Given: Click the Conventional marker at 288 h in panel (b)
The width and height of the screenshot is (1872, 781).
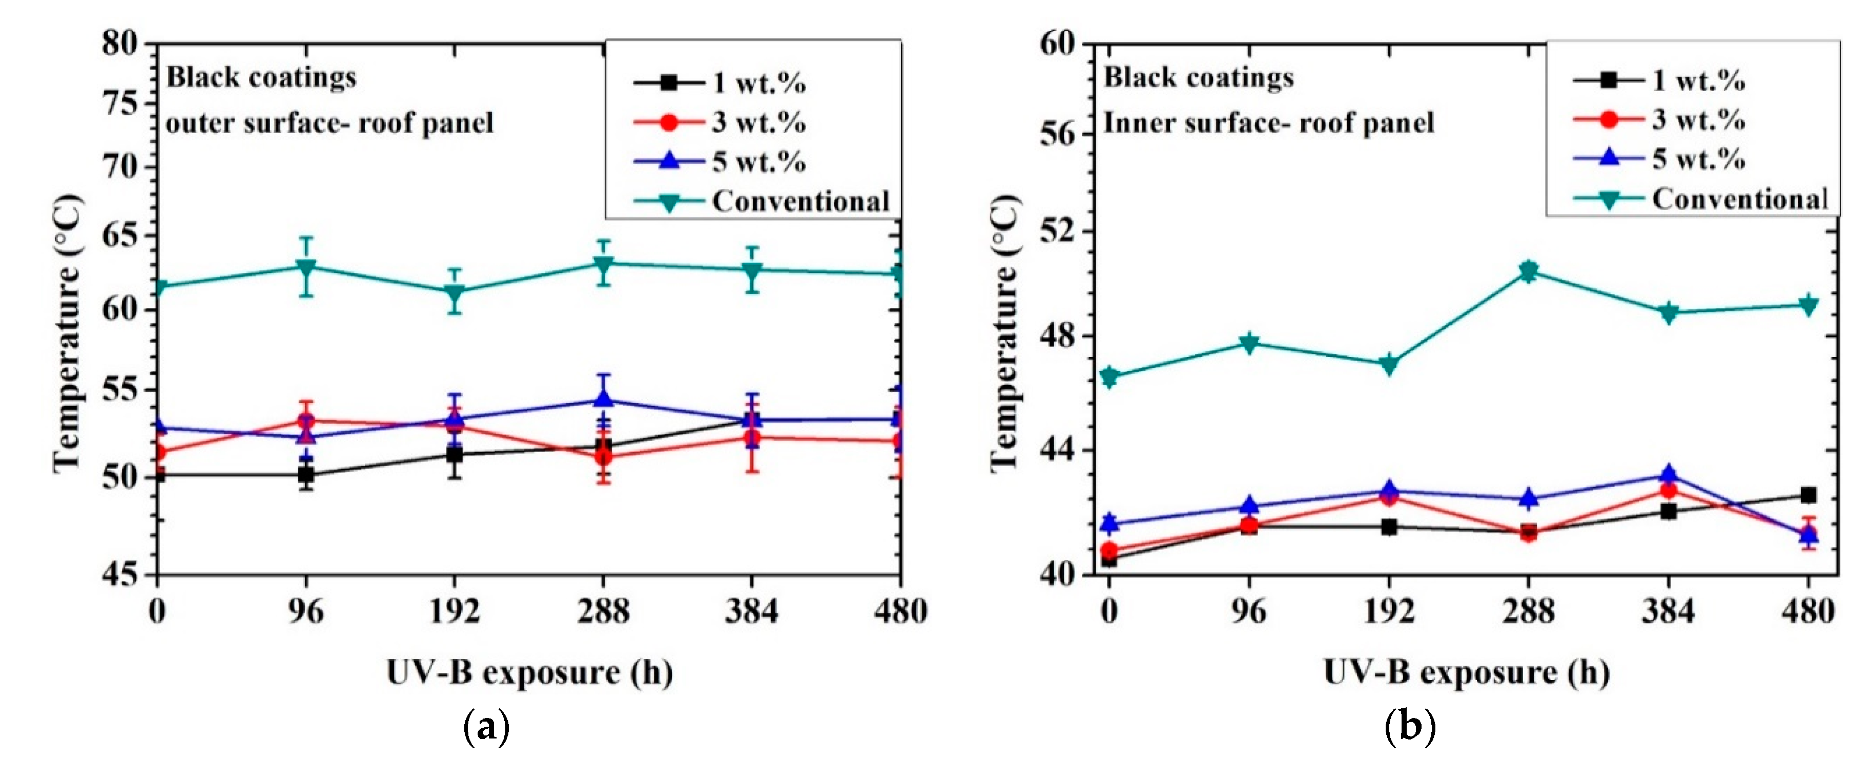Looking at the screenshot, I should point(1528,272).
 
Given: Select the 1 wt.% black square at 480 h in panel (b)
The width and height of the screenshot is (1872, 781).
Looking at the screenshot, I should point(1808,495).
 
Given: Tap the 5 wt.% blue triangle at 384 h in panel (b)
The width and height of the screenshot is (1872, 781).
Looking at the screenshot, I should point(1669,475).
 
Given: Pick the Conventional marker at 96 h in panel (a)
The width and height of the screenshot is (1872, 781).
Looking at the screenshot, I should point(306,267).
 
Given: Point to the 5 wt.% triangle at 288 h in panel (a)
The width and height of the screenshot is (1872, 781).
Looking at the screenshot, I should point(603,399).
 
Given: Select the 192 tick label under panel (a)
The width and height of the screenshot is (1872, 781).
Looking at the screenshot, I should point(455,611).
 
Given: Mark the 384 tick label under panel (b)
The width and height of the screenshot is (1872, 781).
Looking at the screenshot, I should point(1668,611).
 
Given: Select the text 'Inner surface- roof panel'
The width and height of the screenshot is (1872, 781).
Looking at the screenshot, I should point(1269,123).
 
